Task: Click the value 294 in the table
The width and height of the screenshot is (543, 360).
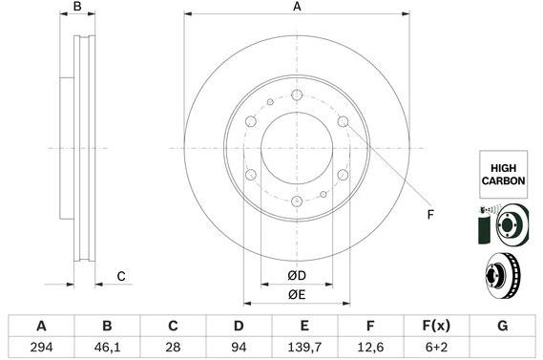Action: pyautogui.click(x=40, y=348)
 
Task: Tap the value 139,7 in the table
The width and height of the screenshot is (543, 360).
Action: pyautogui.click(x=304, y=348)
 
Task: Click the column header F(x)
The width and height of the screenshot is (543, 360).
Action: pyautogui.click(x=436, y=326)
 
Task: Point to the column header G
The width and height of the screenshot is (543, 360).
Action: pyautogui.click(x=502, y=326)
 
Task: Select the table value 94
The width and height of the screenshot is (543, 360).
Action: pyautogui.click(x=239, y=348)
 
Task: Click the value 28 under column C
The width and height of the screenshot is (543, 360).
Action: pyautogui.click(x=173, y=348)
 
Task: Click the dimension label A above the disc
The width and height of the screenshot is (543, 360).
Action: pyautogui.click(x=297, y=8)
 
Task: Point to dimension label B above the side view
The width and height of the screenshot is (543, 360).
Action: pyautogui.click(x=78, y=8)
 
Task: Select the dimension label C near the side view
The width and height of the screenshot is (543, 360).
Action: pyautogui.click(x=121, y=277)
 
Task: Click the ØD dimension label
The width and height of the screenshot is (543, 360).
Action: pyautogui.click(x=297, y=277)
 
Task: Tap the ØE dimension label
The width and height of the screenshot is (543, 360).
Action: pyautogui.click(x=297, y=295)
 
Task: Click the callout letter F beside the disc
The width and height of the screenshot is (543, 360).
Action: pyautogui.click(x=430, y=214)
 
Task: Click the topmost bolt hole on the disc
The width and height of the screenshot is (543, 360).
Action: pyautogui.click(x=297, y=95)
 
